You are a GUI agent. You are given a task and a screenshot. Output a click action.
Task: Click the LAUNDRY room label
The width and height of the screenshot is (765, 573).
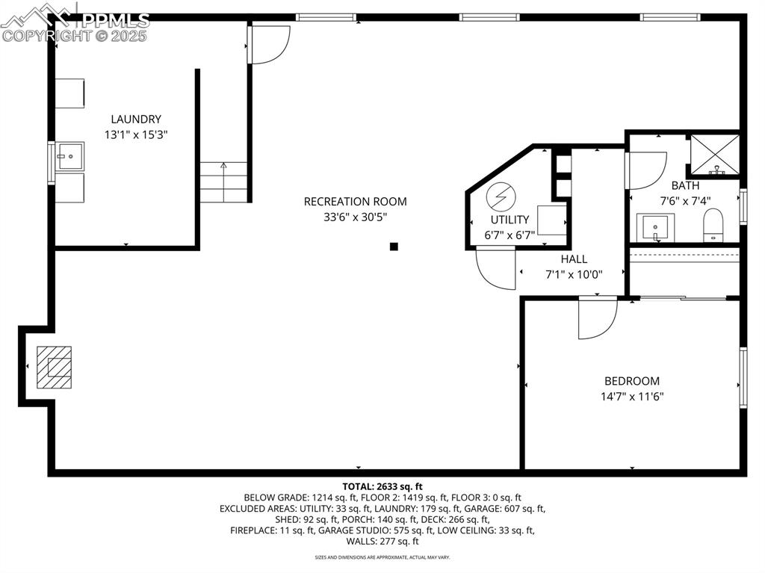(136, 119)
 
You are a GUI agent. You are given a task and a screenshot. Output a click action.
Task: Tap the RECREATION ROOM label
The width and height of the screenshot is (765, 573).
(355, 201)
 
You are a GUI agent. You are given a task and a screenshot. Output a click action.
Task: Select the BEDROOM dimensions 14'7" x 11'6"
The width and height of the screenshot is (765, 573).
(632, 397)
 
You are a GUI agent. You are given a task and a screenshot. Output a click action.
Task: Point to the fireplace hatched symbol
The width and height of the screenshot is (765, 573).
(56, 367)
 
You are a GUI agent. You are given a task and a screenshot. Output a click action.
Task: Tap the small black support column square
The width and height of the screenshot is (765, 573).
(394, 247)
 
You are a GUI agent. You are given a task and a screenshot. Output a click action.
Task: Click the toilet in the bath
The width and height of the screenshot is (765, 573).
(713, 226)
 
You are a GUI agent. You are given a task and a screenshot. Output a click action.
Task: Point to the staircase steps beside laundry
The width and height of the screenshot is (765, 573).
(223, 183)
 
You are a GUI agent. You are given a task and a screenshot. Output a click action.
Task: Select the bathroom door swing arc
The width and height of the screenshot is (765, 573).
(646, 170)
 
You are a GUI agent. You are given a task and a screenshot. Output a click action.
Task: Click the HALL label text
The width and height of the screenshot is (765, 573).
(574, 258)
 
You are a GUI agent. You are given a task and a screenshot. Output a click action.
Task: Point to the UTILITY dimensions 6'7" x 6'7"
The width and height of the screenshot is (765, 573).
(510, 235)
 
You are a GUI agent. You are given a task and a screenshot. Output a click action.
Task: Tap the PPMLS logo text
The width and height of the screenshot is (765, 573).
(116, 20)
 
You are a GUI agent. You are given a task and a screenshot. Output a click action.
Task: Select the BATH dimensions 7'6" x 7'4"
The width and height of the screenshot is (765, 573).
(685, 201)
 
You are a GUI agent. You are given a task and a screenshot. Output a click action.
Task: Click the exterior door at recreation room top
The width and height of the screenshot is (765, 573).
(270, 44)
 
